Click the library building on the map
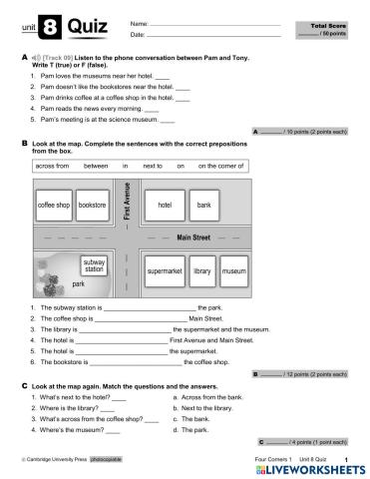202,270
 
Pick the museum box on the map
234,270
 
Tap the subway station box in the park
94,265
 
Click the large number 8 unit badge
51,30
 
